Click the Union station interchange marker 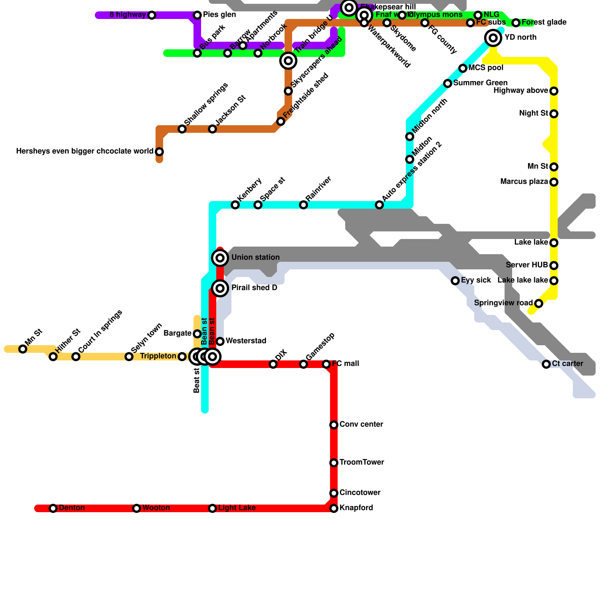pos(220,258)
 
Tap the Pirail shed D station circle pos(220,288)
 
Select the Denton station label pos(72,508)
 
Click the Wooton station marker pos(137,508)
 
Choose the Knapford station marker pos(334,508)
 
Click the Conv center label pos(361,424)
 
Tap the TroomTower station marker pos(334,463)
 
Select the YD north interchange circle pos(493,38)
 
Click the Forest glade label pos(544,22)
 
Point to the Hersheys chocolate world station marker pos(159,152)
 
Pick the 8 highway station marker pos(152,15)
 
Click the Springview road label pos(503,303)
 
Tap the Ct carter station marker pos(546,364)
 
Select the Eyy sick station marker pos(455,281)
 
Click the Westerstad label pos(246,341)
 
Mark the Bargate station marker pos(197,334)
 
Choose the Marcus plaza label pos(524,182)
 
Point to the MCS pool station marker pos(463,68)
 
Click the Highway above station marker pos(554,91)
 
